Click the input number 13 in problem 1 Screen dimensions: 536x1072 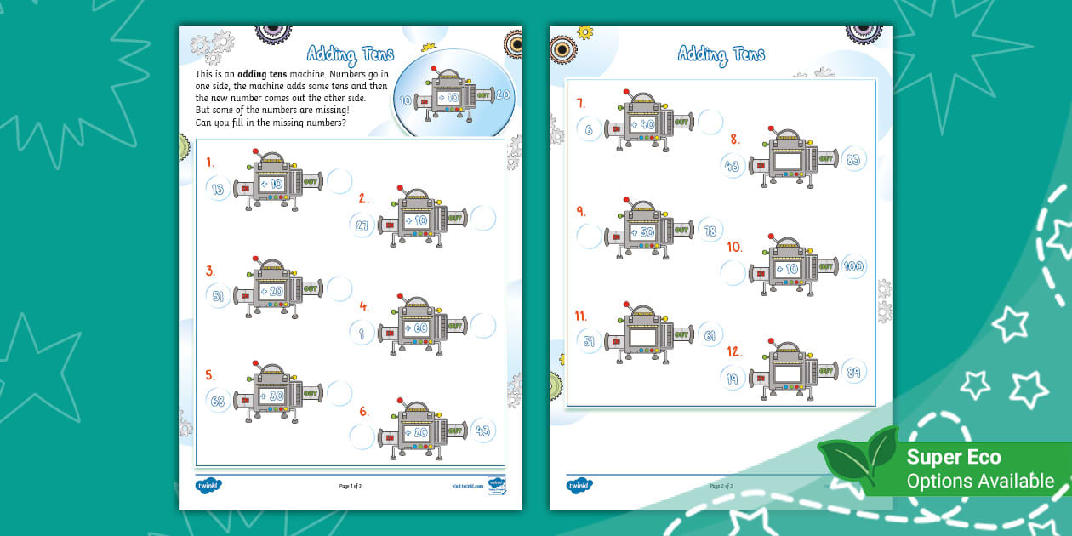pyautogui.click(x=218, y=189)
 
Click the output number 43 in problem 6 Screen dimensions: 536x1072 pyautogui.click(x=482, y=431)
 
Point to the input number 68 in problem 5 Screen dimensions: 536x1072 pyautogui.click(x=218, y=402)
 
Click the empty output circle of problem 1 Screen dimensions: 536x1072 pyautogui.click(x=339, y=181)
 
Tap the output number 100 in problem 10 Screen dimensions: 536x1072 pyautogui.click(x=853, y=266)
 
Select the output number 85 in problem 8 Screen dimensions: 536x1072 pyautogui.click(x=853, y=158)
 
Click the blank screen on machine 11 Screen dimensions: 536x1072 pyautogui.click(x=642, y=338)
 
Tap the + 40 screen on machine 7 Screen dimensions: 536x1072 pyautogui.click(x=642, y=124)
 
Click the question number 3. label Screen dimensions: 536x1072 pyautogui.click(x=210, y=271)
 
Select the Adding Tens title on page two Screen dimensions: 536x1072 pyautogui.click(x=721, y=54)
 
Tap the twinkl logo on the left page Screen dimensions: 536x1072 pyautogui.click(x=208, y=485)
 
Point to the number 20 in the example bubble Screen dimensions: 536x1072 pyautogui.click(x=502, y=95)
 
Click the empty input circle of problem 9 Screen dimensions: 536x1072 pyautogui.click(x=589, y=236)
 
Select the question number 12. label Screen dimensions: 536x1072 pyautogui.click(x=735, y=351)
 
